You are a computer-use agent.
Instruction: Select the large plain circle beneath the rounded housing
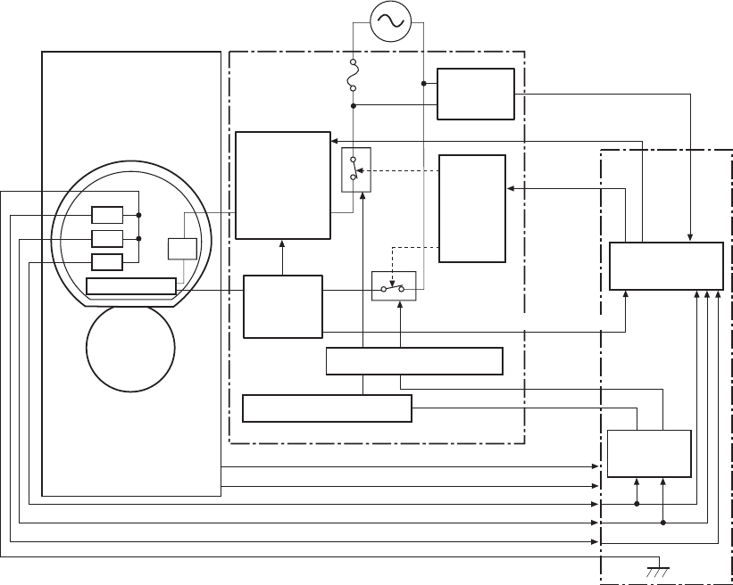130,350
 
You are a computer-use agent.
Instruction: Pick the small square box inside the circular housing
181,249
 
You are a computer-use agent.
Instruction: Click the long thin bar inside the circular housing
130,286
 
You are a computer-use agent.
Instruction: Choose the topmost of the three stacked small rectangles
107,215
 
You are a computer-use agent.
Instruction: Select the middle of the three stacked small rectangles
107,238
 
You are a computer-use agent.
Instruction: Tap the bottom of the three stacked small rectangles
107,261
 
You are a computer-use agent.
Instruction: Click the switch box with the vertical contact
353,169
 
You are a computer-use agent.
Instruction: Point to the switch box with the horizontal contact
394,289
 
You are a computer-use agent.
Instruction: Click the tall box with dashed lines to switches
471,209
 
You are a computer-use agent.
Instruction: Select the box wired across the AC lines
475,94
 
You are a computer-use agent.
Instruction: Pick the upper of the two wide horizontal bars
414,361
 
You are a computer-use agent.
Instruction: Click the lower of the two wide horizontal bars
327,408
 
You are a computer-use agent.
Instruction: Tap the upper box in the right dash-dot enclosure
666,266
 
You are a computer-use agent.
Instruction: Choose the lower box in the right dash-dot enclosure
649,455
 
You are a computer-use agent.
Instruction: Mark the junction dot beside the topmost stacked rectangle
138,215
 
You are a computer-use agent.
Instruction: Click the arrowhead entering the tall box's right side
510,188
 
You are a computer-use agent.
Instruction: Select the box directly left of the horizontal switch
283,306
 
